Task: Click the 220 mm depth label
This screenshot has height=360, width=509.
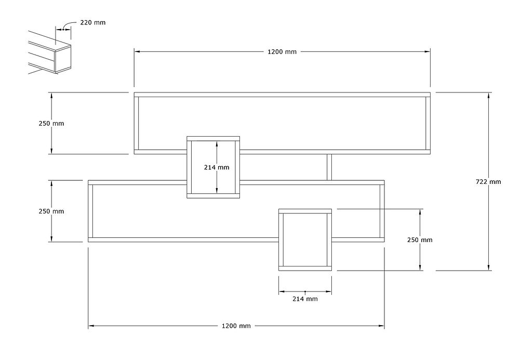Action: (x=93, y=22)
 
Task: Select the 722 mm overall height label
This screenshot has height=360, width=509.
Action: (x=488, y=182)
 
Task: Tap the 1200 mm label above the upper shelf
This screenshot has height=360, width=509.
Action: (x=282, y=51)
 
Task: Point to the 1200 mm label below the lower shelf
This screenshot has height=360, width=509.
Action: (x=236, y=326)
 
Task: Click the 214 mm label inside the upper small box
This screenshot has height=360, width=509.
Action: (x=217, y=167)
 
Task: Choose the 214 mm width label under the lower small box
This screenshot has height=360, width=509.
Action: (x=305, y=299)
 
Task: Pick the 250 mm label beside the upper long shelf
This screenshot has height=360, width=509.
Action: (x=51, y=123)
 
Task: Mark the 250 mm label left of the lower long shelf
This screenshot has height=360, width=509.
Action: (x=51, y=211)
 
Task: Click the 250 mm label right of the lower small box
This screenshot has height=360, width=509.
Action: (x=420, y=239)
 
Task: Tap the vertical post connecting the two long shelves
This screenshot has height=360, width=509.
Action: (x=329, y=167)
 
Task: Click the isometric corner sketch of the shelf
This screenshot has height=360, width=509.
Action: (x=49, y=52)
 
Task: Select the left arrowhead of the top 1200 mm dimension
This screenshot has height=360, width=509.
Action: (x=137, y=51)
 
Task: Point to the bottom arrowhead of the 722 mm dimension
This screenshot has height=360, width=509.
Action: (x=489, y=268)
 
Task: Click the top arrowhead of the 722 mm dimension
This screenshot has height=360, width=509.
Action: (x=489, y=95)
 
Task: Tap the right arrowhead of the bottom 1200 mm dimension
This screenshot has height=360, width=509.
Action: (x=381, y=326)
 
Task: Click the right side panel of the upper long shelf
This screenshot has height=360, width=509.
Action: (x=428, y=123)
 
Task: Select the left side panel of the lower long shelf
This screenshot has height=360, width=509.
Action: (x=90, y=211)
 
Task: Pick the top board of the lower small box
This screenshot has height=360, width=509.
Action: (x=305, y=211)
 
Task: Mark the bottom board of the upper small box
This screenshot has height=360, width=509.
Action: (x=213, y=196)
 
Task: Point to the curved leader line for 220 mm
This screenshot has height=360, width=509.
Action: (x=69, y=24)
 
